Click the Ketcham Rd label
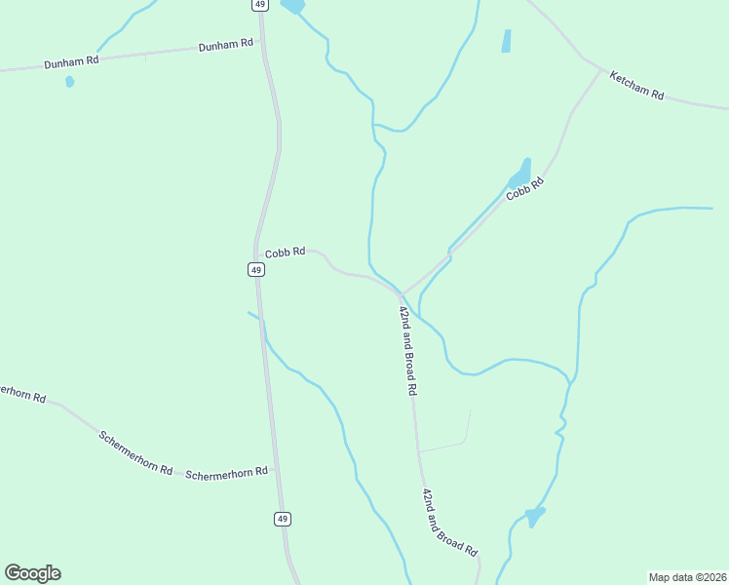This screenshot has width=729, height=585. (636, 86)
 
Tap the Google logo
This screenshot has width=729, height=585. (32, 573)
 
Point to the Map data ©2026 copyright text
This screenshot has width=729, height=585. (687, 577)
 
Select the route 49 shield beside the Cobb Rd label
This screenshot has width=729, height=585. (255, 269)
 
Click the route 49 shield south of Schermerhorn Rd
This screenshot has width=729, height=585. (282, 519)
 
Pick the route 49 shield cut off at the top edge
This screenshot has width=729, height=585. (258, 5)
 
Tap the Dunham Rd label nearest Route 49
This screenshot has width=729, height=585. (225, 45)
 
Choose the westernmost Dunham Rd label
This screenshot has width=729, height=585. (71, 62)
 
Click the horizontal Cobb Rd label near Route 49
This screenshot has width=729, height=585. (285, 252)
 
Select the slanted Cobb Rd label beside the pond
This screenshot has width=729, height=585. (524, 189)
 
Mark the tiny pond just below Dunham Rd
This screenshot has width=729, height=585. (70, 82)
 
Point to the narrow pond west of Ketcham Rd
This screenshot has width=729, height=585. (506, 41)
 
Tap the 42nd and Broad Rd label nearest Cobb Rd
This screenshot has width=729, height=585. (407, 349)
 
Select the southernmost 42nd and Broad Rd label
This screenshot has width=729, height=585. (449, 523)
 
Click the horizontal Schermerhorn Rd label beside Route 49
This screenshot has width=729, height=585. (226, 474)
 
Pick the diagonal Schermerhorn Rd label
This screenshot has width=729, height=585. (135, 452)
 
